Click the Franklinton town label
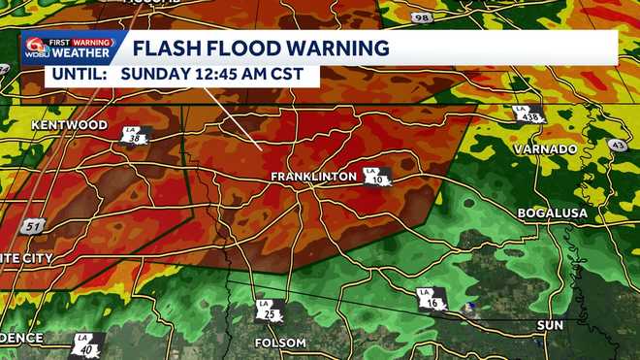[x=314, y=177]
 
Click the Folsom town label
[x=279, y=343]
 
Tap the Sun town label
[x=550, y=326]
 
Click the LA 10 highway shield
[x=377, y=177]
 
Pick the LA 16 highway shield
[x=431, y=300]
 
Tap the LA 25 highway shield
[x=270, y=311]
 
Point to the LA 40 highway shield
[x=85, y=344]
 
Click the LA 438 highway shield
[x=529, y=113]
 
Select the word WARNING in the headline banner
[x=341, y=48]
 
